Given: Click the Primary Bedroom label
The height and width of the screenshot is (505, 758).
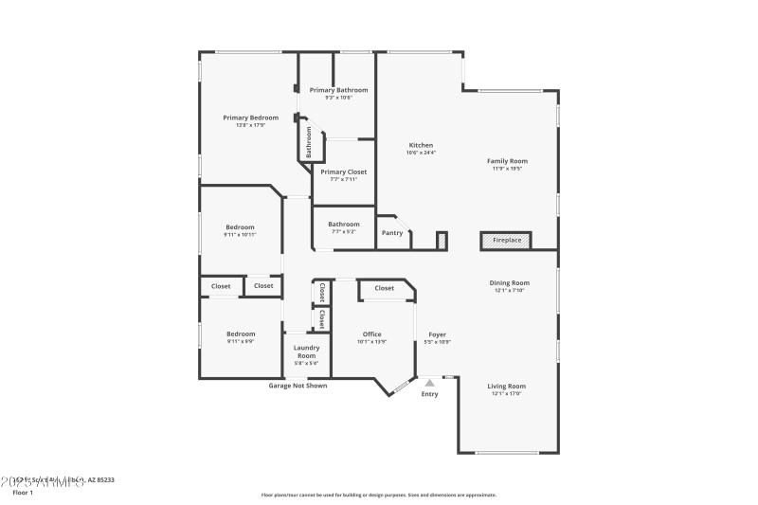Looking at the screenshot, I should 250,117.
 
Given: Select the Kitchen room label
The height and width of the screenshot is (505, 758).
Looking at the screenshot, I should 421,145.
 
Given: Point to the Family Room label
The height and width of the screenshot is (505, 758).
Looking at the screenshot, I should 508,161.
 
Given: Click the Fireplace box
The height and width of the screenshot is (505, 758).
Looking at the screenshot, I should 507,241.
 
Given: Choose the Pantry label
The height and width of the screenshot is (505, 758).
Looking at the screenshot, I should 392,232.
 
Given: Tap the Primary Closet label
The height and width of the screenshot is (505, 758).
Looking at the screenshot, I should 343,171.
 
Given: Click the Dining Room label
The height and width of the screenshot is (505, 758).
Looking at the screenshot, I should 510,282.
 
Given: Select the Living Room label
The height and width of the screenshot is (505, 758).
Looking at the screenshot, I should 507,386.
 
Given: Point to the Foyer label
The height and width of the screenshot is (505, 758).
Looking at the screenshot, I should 437,334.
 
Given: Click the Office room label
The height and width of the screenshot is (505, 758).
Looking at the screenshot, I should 371,334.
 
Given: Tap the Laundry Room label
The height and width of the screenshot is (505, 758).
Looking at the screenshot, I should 305,352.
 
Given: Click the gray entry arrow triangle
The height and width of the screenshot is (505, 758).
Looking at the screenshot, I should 429,383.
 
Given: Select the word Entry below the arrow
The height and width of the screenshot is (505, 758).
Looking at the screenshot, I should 429,394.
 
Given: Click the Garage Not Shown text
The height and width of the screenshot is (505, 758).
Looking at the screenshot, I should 298,386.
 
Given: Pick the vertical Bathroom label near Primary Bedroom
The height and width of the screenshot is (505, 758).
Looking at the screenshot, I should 309,143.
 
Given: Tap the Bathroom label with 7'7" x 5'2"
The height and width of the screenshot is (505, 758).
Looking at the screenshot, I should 344,224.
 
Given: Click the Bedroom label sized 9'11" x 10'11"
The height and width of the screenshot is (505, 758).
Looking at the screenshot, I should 240,226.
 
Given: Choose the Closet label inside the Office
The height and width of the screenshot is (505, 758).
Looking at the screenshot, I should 384,288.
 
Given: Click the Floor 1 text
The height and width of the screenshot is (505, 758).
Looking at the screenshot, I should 23,493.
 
